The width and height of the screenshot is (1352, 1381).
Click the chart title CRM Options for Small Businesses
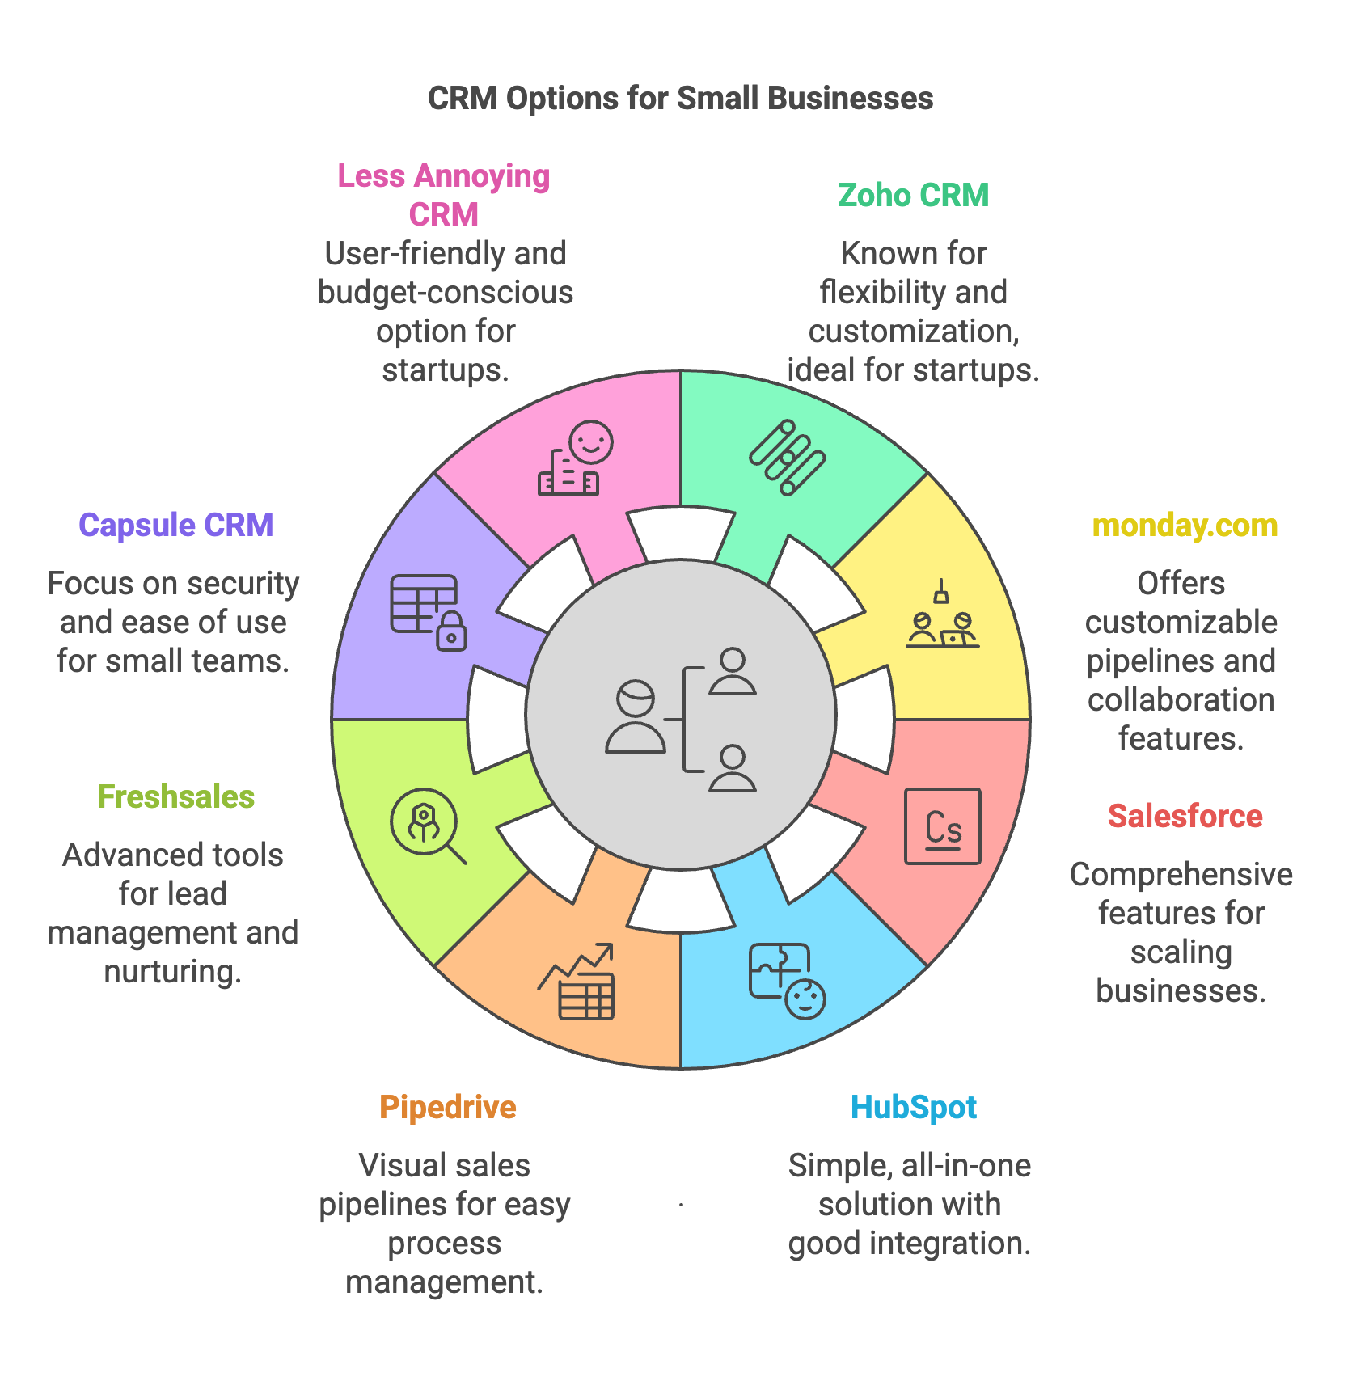tap(680, 99)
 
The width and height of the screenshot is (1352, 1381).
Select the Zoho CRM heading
tap(913, 196)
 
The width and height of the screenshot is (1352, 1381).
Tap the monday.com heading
tap(1185, 526)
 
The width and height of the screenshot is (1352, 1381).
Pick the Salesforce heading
tap(1185, 817)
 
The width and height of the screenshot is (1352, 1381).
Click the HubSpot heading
tap(913, 1108)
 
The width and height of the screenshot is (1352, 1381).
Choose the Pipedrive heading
tap(447, 1108)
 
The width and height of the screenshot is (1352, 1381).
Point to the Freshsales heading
tap(175, 797)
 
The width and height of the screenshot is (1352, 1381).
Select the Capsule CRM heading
tap(175, 526)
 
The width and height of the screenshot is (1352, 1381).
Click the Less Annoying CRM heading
tap(443, 195)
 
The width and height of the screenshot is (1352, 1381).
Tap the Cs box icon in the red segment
tap(942, 826)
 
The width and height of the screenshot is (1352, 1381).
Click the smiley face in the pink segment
tap(590, 442)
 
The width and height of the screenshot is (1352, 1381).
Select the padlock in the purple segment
tap(451, 631)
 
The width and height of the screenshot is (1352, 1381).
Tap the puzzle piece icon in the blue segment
tap(778, 970)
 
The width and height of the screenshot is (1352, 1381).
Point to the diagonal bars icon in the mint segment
tap(787, 457)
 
